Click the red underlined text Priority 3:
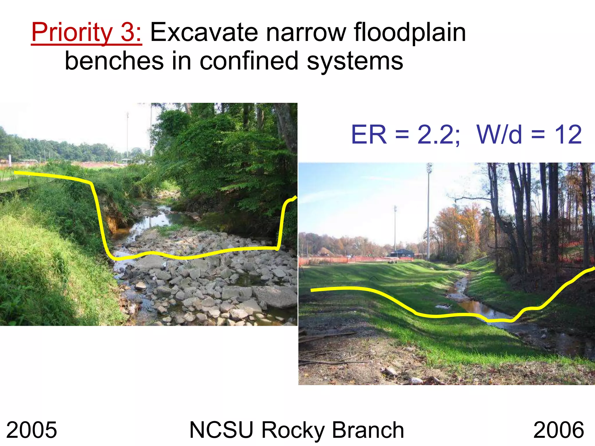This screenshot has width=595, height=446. (x=87, y=33)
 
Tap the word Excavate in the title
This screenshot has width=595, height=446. (x=204, y=33)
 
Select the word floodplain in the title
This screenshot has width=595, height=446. (x=410, y=33)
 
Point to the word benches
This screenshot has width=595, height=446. (x=114, y=61)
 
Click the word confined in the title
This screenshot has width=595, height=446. (x=249, y=61)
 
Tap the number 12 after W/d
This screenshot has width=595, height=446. (x=568, y=134)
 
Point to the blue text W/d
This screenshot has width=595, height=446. (x=499, y=134)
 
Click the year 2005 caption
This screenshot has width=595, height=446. (x=31, y=430)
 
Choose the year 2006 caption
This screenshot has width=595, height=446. (x=558, y=430)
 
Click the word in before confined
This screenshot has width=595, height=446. (x=181, y=61)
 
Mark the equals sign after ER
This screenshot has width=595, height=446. (x=402, y=134)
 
